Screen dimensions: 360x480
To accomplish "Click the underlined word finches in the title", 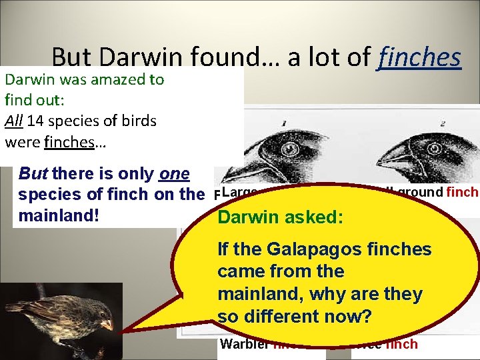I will coord(419,57).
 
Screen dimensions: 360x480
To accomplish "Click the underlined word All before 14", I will coord(13,121).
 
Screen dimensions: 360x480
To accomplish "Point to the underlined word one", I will coord(175,175).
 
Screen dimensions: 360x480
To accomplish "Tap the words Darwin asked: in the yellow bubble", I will coord(281,218).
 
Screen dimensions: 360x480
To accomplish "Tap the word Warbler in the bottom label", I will coord(243,344).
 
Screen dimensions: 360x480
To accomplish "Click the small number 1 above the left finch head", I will coord(284,123).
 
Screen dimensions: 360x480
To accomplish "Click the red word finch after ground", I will coord(463,192).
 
